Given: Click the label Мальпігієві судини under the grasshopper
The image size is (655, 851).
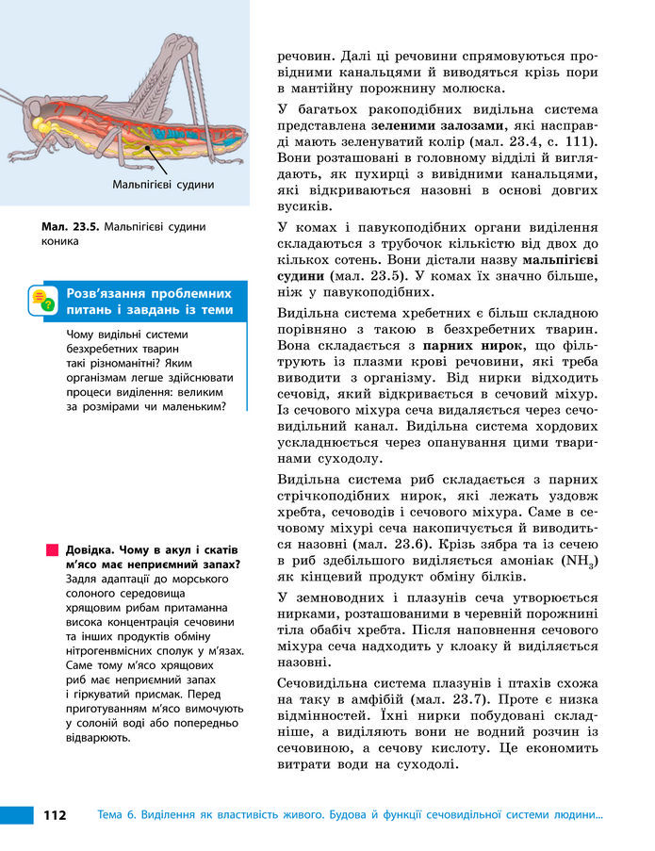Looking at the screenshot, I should point(162,185).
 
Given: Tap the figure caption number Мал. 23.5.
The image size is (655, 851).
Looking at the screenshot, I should point(71,226).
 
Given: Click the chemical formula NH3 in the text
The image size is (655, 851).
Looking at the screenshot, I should point(577,561).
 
